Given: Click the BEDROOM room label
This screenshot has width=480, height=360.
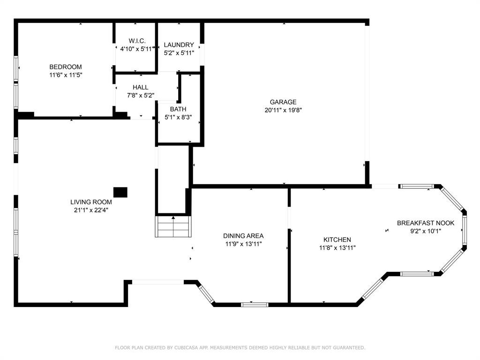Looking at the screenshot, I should (x=66, y=67).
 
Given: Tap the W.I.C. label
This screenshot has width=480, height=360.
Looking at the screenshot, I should (x=137, y=41).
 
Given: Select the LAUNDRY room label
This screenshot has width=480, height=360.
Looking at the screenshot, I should (x=179, y=45).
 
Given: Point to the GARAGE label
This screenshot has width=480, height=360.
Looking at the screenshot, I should (x=283, y=102).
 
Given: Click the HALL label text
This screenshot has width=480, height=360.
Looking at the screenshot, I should (x=140, y=87).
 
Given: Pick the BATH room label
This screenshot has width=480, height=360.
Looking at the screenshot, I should (x=178, y=109).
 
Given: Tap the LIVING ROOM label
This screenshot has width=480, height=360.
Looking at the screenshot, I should (x=91, y=202).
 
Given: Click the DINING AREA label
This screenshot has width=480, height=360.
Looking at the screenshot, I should (x=243, y=236).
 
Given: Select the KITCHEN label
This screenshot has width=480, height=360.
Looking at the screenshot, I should (x=337, y=240).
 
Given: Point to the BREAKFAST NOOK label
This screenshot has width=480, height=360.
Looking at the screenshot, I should (x=426, y=223).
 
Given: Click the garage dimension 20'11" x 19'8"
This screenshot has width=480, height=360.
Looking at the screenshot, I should (x=283, y=110).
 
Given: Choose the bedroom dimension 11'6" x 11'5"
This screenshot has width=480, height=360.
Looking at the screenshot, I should (x=66, y=75).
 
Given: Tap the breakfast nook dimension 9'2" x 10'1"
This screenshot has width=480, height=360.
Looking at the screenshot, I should (x=426, y=231).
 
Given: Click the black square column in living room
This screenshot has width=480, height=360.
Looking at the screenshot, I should (x=120, y=192).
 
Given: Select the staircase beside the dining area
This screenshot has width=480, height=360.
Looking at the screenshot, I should (x=173, y=226).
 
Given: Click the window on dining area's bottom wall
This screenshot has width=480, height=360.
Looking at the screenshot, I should (x=255, y=305).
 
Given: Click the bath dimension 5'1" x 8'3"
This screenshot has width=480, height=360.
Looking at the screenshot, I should (x=178, y=117).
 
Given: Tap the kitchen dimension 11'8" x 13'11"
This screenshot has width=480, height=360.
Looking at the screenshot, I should (x=337, y=247).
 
